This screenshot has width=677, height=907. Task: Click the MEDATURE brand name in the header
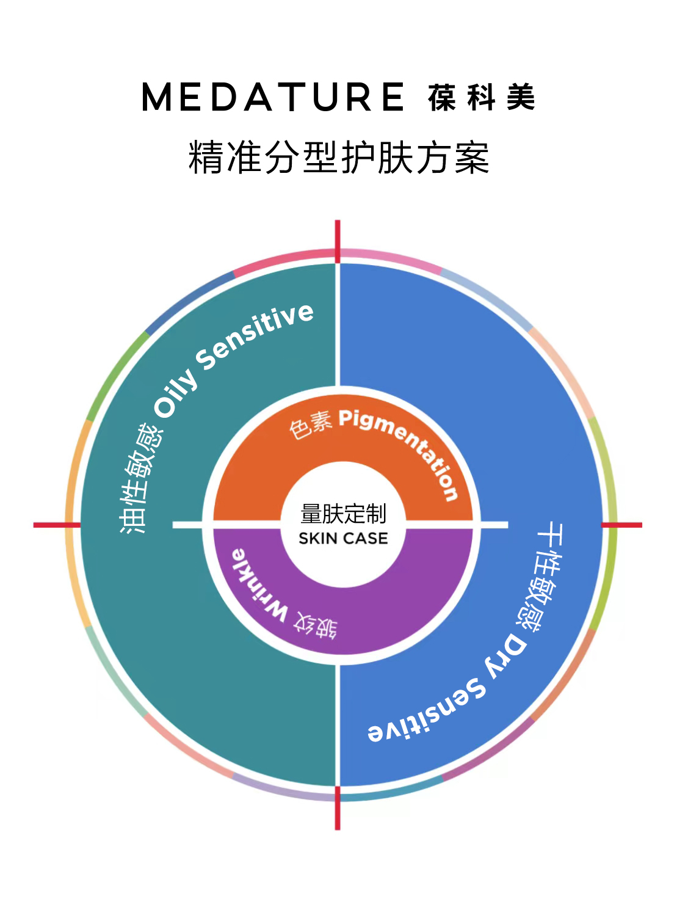click(x=273, y=97)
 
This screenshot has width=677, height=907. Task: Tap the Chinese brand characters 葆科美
click(x=481, y=97)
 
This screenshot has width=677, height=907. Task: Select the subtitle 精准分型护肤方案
click(x=338, y=157)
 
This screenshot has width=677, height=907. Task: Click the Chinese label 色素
click(x=311, y=426)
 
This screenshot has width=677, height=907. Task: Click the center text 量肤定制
click(x=343, y=513)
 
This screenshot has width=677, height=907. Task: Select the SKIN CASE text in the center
click(x=343, y=539)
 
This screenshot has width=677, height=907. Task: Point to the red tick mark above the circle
click(x=337, y=241)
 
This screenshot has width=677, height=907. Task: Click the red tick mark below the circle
click(x=337, y=808)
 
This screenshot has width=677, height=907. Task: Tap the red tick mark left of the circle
click(x=57, y=525)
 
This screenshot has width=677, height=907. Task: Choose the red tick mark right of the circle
click(x=621, y=525)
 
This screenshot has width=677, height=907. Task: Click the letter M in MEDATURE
click(x=157, y=97)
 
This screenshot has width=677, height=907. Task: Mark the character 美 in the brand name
click(x=521, y=97)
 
